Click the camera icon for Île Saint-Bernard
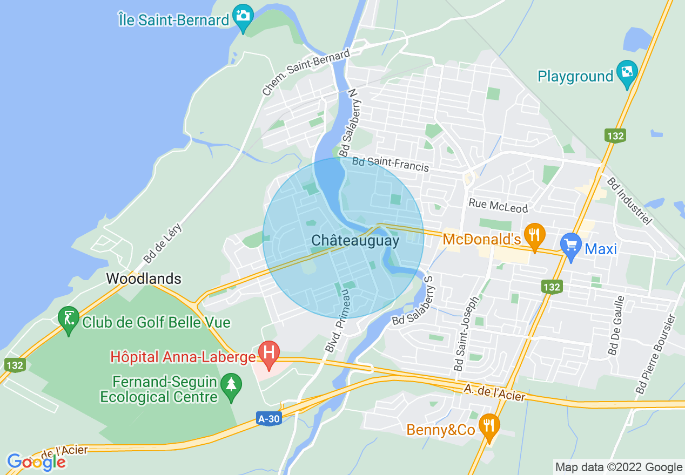tap(243, 16)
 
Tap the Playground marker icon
tap(627, 72)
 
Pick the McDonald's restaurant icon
tap(534, 235)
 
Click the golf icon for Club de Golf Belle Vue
tap(69, 317)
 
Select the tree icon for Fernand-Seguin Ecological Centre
tap(231, 384)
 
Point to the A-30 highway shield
tap(268, 418)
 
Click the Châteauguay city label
tap(355, 241)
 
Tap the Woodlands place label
tap(144, 279)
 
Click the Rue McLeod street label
tap(498, 205)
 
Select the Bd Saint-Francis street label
tap(391, 164)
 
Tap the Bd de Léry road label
tap(163, 245)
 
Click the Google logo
tap(36, 462)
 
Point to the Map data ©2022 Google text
tap(619, 467)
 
